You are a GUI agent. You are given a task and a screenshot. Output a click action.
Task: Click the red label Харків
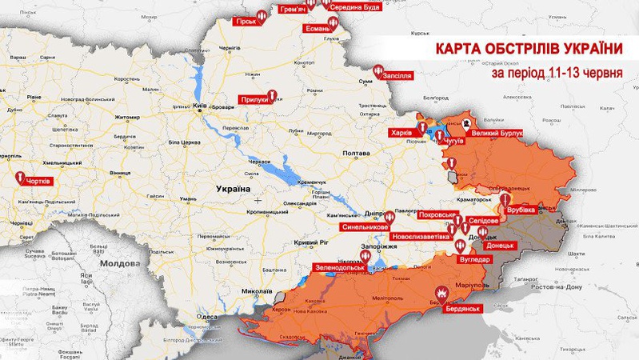click(401, 132)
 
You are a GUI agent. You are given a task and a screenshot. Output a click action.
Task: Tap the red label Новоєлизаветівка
click(421, 238)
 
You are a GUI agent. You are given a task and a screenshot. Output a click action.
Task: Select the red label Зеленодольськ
click(338, 267)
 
